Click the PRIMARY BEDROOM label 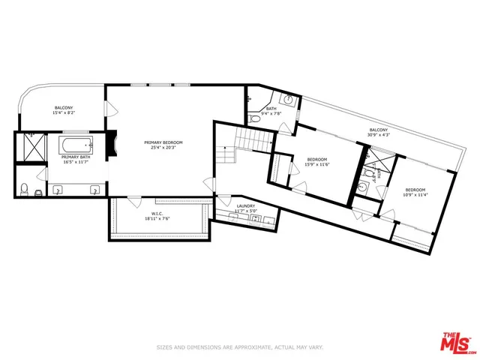(x=163, y=142)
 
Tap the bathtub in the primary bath (x=75, y=145)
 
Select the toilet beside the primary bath (x=25, y=187)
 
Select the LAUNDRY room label (x=245, y=206)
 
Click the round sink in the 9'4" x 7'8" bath (x=286, y=100)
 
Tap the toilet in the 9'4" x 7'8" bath (x=253, y=118)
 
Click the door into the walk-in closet (x=133, y=201)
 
